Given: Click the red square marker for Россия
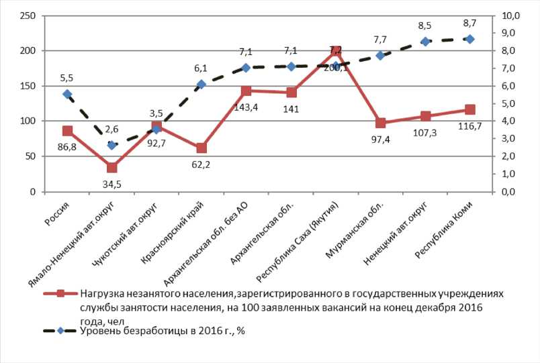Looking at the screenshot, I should (67, 131).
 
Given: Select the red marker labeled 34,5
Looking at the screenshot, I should (111, 168).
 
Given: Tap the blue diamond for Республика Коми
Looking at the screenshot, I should (470, 39).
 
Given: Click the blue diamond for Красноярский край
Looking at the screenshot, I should (201, 85).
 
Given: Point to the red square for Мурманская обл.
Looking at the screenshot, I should (380, 123).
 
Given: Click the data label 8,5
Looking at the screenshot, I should (424, 26).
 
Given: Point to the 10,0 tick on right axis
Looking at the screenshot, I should (510, 15).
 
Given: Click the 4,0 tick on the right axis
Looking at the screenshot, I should (510, 121).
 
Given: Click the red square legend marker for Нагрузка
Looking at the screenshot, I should (60, 293).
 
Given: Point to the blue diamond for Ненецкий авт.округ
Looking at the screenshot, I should (425, 42).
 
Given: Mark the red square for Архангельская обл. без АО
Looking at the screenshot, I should (246, 91).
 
